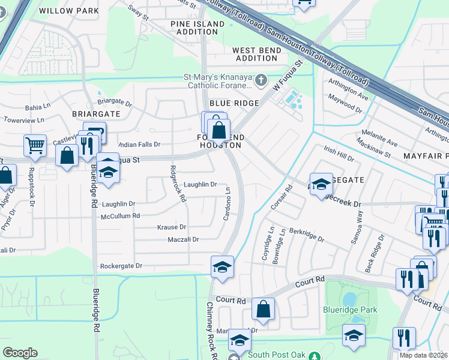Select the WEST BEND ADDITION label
pos(257,54)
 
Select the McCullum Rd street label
pos(120,216)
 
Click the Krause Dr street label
pos(172,227)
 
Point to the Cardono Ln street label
pos(228,203)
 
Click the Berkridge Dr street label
pos(307,235)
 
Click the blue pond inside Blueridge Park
pos(349,299)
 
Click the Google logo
pos(20,353)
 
